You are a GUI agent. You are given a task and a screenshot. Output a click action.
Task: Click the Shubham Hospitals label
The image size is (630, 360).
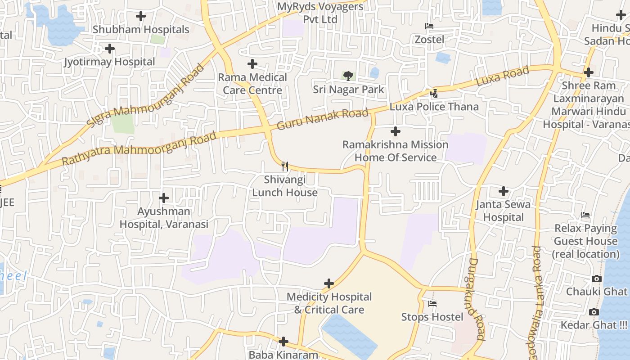tap(141, 30)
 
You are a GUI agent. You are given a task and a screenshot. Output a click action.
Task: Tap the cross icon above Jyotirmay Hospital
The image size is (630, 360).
tap(109, 49)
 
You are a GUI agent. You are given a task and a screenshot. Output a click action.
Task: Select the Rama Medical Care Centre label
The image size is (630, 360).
tap(252, 84)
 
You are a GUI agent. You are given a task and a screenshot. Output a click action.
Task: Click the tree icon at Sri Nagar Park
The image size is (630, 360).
tap(348, 75)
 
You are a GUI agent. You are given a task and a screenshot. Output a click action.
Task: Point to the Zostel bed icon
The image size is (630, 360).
tap(429, 26)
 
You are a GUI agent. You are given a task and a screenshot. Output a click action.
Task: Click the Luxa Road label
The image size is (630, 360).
tap(502, 76)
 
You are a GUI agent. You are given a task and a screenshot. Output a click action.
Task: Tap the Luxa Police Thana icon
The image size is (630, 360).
tap(434, 93)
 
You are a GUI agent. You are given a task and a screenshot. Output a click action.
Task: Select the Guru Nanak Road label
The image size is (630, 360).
tap(322, 119)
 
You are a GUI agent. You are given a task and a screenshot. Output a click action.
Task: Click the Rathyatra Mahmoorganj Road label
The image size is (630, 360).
tap(139, 148)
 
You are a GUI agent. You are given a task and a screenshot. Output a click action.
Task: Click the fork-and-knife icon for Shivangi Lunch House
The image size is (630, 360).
tap(284, 166)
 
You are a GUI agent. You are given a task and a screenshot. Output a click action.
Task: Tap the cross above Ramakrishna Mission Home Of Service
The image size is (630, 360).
tap(396, 131)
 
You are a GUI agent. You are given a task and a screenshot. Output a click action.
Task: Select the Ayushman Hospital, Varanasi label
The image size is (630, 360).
tap(164, 218)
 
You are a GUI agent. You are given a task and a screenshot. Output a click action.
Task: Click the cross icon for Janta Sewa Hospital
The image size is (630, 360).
tap(504, 192)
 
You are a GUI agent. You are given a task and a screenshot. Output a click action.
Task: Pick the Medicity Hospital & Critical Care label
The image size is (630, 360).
tap(329, 303)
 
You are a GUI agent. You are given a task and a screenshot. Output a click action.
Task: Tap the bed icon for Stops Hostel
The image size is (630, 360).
tap(432, 304)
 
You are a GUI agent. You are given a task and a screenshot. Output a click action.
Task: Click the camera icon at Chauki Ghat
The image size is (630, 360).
tap(597, 279)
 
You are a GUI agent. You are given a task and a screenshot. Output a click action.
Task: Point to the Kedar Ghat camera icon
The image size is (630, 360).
tap(594, 312)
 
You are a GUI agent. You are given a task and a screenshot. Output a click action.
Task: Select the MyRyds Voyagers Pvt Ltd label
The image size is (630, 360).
tap(320, 13)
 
